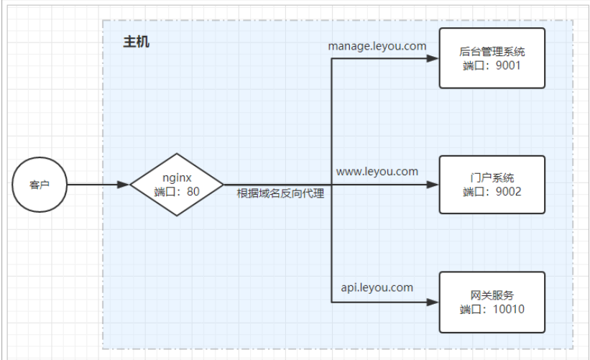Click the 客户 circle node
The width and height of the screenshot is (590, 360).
coord(40,185)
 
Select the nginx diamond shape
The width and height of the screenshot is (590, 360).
coord(176,185)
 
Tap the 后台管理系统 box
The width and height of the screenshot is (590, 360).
coord(492,58)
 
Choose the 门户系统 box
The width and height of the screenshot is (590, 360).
coord(492,185)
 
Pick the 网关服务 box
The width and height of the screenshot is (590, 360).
coord(492,302)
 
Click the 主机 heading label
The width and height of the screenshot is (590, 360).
coord(137,42)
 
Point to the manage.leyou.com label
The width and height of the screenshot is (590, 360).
coord(377,46)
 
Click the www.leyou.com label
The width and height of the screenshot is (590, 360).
coord(377,171)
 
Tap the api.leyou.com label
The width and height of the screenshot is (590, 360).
coord(377,287)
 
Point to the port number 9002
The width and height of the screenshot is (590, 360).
coord(507,192)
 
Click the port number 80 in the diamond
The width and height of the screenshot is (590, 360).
coord(193,192)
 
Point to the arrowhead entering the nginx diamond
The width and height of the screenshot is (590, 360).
coord(124,185)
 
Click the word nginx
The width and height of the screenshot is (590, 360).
coord(176,177)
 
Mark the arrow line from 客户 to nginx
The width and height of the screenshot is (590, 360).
coord(93,185)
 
